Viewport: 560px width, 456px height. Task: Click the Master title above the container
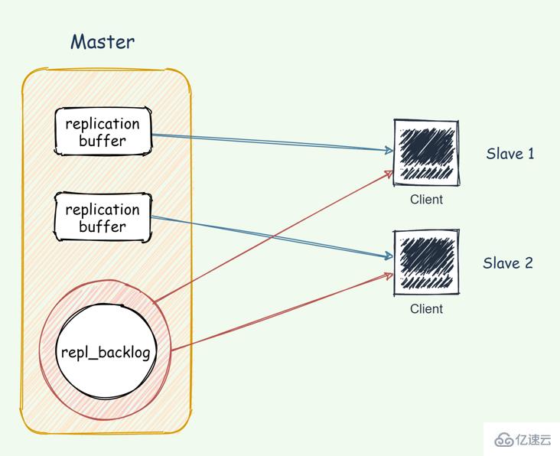pyautogui.click(x=102, y=41)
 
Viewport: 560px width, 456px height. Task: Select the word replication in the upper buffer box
pyautogui.click(x=103, y=124)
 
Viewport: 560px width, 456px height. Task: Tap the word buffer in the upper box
pyautogui.click(x=103, y=142)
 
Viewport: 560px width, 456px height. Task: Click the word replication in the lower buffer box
pyautogui.click(x=103, y=210)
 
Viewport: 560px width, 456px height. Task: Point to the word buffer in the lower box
pyautogui.click(x=103, y=227)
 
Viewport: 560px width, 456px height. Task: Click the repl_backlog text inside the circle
pyautogui.click(x=106, y=353)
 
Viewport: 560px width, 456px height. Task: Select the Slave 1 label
pyautogui.click(x=510, y=154)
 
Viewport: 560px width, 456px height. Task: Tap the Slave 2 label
pyautogui.click(x=507, y=263)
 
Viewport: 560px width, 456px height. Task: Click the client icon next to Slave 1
pyautogui.click(x=426, y=153)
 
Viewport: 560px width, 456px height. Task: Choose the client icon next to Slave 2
pyautogui.click(x=426, y=262)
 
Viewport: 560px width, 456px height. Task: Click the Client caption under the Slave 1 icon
pyautogui.click(x=426, y=200)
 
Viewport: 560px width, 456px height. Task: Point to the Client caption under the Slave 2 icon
pyautogui.click(x=426, y=309)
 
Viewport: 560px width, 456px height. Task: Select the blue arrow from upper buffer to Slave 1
pyautogui.click(x=268, y=143)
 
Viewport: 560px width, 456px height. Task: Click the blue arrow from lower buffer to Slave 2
pyautogui.click(x=268, y=237)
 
